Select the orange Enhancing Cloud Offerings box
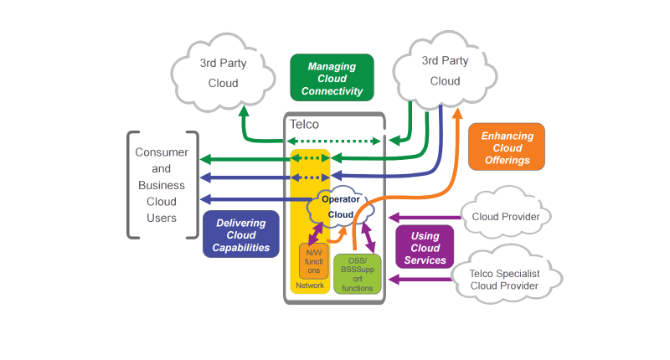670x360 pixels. click(506, 147)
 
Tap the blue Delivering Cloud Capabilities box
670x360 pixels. click(241, 235)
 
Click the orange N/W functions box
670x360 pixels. click(312, 260)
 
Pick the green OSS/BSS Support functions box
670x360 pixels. click(357, 274)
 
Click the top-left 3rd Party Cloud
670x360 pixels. click(219, 71)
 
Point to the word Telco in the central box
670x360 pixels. click(304, 124)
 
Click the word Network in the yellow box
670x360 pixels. click(309, 286)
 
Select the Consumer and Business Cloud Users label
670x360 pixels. click(162, 185)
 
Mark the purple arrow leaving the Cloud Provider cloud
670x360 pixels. click(427, 217)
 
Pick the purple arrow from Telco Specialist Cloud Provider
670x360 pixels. click(419, 280)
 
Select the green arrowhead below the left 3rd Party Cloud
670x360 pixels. click(242, 112)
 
